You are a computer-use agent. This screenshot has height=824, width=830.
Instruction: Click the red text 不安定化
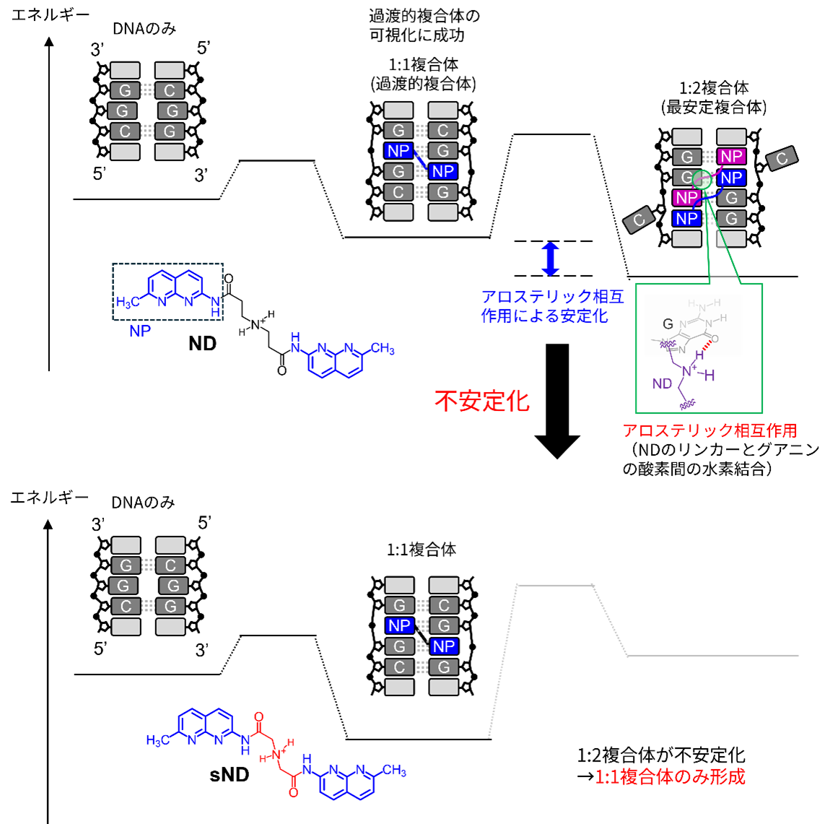(481, 401)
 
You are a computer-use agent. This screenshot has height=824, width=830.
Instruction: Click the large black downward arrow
(557, 401)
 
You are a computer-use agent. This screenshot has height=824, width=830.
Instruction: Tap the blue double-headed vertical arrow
(551, 259)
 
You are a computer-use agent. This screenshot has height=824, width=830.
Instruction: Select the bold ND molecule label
(203, 344)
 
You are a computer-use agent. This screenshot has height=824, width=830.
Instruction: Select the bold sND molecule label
(230, 775)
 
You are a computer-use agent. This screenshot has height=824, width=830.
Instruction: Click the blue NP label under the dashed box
(140, 331)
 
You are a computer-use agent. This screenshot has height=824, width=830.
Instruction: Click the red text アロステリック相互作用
(710, 430)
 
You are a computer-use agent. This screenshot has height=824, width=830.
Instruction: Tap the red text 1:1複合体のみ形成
(670, 777)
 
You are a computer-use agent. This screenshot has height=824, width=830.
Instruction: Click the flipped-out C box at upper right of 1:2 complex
(782, 158)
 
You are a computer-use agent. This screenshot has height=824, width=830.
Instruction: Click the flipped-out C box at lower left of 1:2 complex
(639, 220)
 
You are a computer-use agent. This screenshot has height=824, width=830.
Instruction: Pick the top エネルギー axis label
(51, 15)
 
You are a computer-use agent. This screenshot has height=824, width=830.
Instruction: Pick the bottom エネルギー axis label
(49, 498)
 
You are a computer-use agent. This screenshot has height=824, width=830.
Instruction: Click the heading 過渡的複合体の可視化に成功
(424, 25)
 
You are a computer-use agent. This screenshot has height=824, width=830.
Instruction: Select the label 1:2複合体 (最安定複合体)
(714, 97)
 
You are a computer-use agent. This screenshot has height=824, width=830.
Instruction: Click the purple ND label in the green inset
(663, 383)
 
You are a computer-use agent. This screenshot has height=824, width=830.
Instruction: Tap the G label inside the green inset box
(668, 324)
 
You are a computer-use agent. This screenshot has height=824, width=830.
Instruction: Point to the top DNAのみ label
(144, 29)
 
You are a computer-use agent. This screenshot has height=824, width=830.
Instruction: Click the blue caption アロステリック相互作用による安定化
(553, 306)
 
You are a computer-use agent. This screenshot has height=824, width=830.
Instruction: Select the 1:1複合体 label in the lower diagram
(421, 550)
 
